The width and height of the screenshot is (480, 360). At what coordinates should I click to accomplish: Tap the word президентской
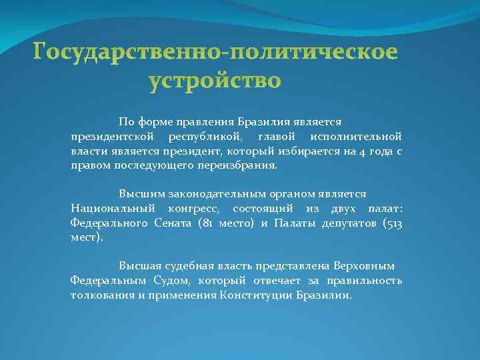108,137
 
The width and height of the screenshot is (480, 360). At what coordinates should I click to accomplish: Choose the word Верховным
367,265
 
